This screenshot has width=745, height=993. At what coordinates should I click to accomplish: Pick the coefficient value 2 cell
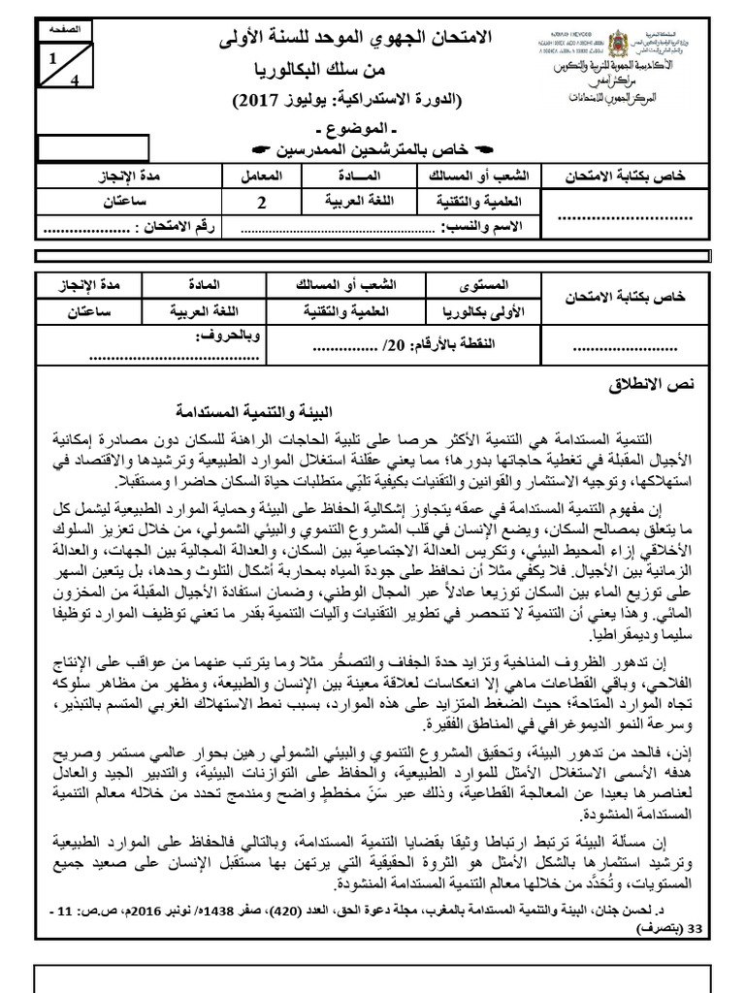(261, 203)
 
